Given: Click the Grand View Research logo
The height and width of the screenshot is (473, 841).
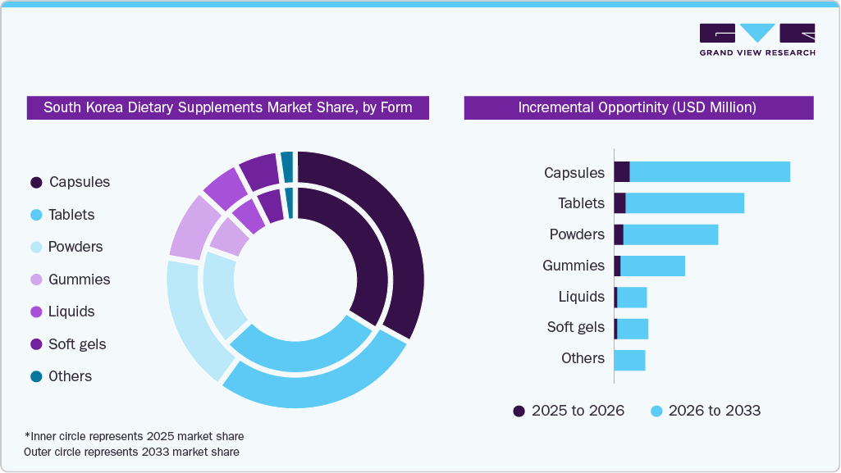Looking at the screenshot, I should click(756, 39).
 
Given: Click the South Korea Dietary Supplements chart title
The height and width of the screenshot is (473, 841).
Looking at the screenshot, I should click(227, 107).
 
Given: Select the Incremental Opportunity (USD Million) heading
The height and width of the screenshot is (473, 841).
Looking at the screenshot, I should click(638, 107).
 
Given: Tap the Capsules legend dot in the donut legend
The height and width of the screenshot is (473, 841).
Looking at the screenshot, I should click(36, 182).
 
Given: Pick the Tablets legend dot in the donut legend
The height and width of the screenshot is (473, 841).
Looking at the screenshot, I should click(36, 215).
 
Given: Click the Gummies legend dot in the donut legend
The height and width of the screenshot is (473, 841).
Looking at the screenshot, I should click(36, 280).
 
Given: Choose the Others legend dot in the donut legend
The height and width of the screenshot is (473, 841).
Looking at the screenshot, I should click(36, 376).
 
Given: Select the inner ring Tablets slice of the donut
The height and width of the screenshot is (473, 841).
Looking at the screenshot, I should click(304, 352).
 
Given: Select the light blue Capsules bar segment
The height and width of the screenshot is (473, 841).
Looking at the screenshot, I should click(710, 171).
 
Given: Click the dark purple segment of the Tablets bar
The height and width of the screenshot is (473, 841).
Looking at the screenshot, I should click(619, 203).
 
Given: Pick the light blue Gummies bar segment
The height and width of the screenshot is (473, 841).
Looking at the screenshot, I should click(652, 266).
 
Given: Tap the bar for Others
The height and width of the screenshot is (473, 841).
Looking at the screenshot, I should click(629, 360).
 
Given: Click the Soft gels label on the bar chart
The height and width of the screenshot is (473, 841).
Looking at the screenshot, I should click(575, 327).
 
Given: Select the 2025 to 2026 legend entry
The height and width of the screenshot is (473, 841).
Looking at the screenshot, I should click(569, 411).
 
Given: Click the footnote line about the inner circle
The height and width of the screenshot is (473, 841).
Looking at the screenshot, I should click(135, 436).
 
